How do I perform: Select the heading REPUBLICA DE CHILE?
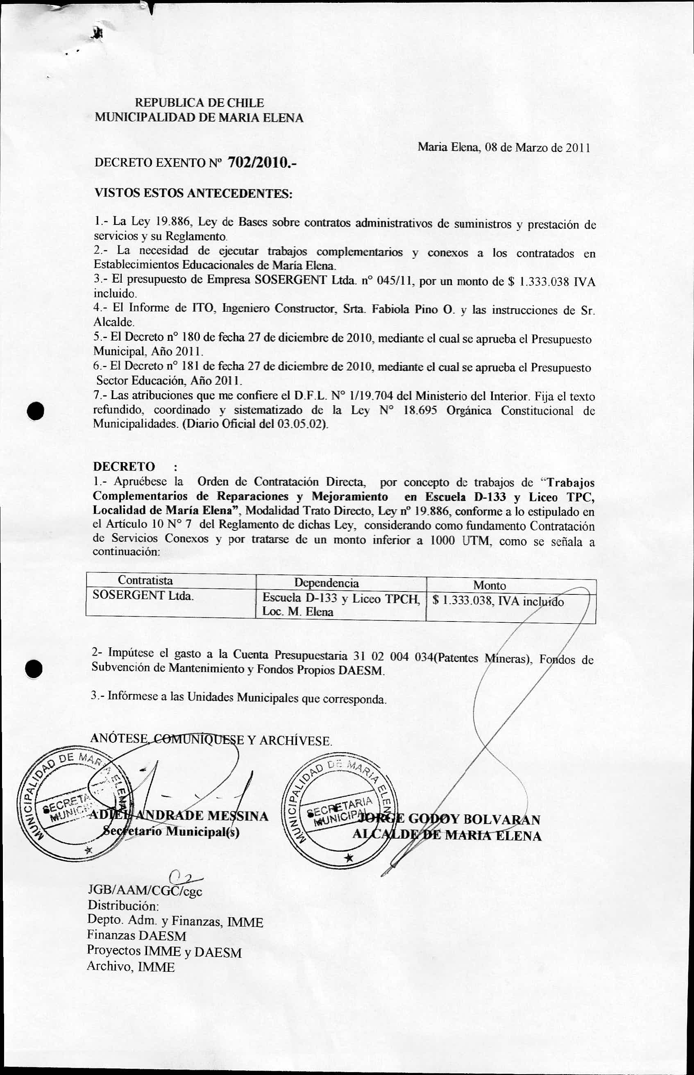click(200, 103)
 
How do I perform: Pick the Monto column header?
click(490, 585)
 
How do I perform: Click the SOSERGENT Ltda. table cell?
click(143, 595)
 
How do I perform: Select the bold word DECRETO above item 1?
click(123, 466)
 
